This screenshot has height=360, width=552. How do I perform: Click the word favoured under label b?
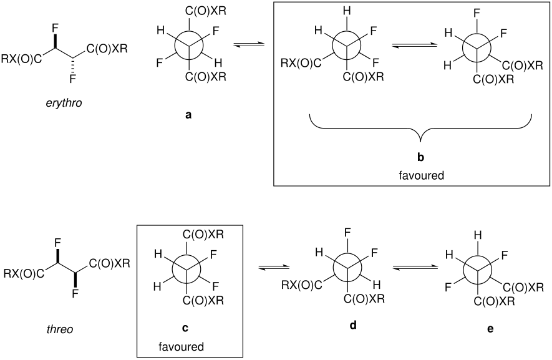point(421,175)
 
